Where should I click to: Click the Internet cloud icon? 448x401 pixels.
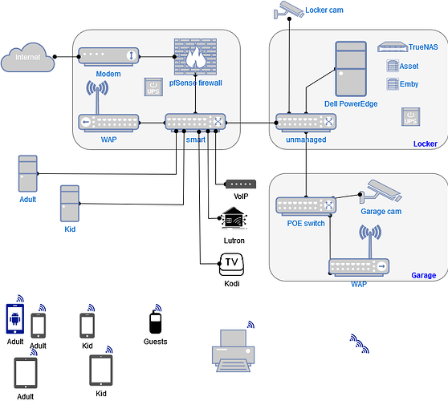(28, 57)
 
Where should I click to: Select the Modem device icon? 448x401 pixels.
(108, 57)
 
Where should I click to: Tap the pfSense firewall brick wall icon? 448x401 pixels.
(195, 57)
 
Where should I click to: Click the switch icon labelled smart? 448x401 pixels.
(195, 123)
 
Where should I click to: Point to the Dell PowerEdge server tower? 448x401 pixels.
(351, 69)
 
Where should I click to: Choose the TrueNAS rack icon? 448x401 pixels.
(393, 47)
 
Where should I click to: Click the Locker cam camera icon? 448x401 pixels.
(288, 10)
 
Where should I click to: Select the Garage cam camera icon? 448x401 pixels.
(381, 191)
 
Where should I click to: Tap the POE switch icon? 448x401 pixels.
(306, 206)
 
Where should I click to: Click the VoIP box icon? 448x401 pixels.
(241, 184)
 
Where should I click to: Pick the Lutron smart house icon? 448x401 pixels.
(234, 218)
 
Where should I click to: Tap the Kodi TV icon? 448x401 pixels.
(231, 265)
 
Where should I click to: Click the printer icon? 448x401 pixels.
(233, 350)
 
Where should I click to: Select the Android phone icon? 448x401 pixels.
(15, 319)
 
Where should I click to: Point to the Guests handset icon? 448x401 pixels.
(155, 322)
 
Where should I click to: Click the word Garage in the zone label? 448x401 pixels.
(423, 275)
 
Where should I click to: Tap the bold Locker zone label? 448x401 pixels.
(426, 144)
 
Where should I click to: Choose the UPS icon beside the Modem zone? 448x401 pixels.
(153, 87)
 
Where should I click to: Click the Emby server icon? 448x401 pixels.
(393, 84)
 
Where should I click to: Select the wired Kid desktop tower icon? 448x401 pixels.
(70, 204)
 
